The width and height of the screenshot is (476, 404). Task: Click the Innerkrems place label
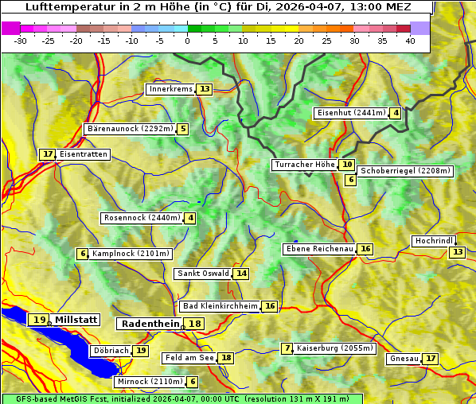click(170, 89)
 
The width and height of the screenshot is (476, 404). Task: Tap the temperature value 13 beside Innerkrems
click(205, 89)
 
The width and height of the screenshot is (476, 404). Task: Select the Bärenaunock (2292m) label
click(129, 129)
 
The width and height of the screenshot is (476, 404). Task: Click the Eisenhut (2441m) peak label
click(350, 113)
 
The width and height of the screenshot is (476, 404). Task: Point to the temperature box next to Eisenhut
click(396, 113)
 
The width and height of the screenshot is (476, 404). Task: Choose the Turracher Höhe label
click(304, 165)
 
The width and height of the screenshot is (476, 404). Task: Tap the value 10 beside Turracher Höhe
click(346, 165)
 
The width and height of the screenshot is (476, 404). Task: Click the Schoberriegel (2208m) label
click(405, 171)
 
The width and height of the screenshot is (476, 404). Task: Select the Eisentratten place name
click(83, 154)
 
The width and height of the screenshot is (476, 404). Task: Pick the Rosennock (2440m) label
click(142, 218)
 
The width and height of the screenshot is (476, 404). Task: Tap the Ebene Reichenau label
click(319, 249)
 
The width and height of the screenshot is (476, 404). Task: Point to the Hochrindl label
click(434, 241)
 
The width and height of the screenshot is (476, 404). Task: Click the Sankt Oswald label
click(203, 274)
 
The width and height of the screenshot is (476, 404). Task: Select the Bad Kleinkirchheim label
click(220, 306)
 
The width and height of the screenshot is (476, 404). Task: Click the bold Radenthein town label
click(150, 324)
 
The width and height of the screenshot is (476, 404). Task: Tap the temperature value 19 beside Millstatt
click(38, 320)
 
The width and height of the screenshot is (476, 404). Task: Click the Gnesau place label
click(403, 359)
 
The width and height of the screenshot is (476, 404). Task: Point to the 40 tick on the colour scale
click(410, 41)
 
